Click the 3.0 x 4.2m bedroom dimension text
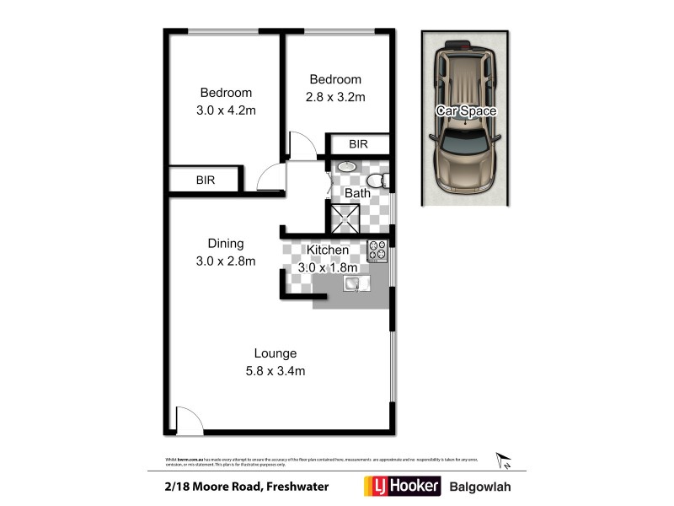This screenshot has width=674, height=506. [x=225, y=109]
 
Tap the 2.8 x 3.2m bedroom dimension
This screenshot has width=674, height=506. [x=334, y=96]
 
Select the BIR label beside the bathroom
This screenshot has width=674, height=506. [x=359, y=144]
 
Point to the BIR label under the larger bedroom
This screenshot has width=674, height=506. [x=205, y=180]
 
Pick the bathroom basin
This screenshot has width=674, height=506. [x=345, y=168]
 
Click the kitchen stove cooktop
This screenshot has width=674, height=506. [x=377, y=251]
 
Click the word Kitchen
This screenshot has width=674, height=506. [x=328, y=250]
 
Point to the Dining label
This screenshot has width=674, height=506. [x=225, y=245]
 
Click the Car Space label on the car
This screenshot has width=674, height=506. [x=465, y=110]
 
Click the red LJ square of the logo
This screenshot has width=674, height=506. [x=373, y=487]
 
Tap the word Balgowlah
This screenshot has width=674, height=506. [x=479, y=487]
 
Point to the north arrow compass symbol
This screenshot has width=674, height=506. [x=505, y=460]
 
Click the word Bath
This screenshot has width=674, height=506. [x=357, y=193]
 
